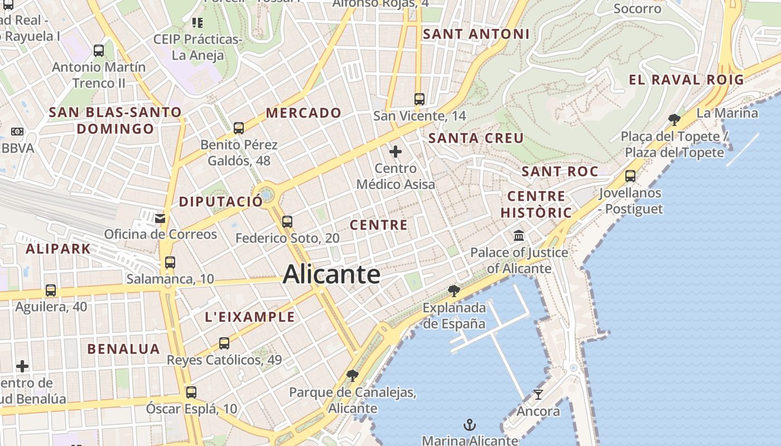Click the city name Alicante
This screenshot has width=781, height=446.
click(331, 274)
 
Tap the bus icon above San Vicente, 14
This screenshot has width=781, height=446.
click(420, 99)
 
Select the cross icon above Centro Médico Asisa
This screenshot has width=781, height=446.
click(396, 151)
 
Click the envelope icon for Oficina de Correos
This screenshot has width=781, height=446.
click(160, 218)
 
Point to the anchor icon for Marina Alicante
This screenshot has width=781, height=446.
click(470, 425)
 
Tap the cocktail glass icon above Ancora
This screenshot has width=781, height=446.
click(538, 395)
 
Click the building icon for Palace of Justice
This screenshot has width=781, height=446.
click(519, 236)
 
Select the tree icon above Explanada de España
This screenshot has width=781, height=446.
click(454, 290)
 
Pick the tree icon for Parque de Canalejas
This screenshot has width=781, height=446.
click(352, 375)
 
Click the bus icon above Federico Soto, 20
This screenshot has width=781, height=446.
click(287, 221)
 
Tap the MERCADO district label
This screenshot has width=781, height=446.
click(303, 113)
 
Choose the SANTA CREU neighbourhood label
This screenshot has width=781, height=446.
click(476, 138)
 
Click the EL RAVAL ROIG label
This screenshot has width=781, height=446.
click(686, 80)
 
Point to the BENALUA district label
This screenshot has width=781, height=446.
click(124, 349)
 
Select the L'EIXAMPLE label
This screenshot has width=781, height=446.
click(250, 317)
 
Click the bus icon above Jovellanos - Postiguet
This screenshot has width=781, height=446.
click(630, 176)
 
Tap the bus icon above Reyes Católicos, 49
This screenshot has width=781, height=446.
click(224, 343)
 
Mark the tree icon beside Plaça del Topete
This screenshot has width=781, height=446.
click(674, 119)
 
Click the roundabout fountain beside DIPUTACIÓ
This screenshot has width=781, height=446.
click(267, 195)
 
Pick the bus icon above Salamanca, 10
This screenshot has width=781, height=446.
click(170, 262)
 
